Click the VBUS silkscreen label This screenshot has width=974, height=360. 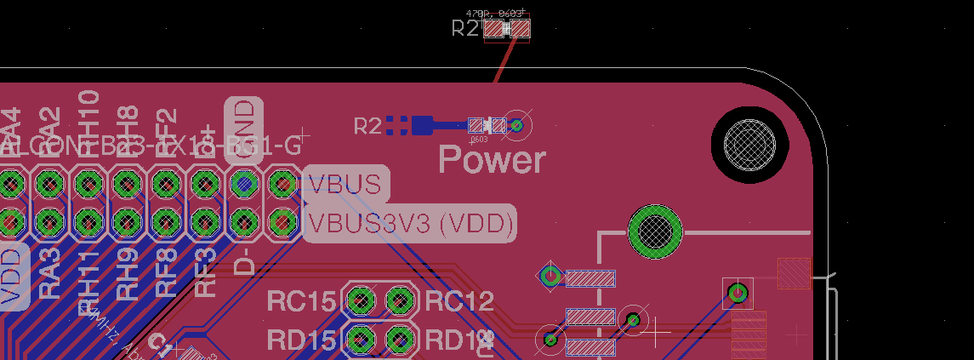(345, 185)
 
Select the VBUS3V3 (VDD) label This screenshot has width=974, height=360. (411, 223)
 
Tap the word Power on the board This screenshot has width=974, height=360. (492, 159)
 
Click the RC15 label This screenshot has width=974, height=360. (301, 301)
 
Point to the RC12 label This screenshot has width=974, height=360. (459, 301)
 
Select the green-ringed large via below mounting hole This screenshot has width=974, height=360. (655, 229)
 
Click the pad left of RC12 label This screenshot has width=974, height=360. (399, 300)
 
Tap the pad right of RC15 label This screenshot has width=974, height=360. (361, 300)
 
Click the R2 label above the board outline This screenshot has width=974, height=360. (465, 28)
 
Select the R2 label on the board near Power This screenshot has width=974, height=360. (367, 127)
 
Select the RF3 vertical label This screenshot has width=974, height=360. (205, 271)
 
